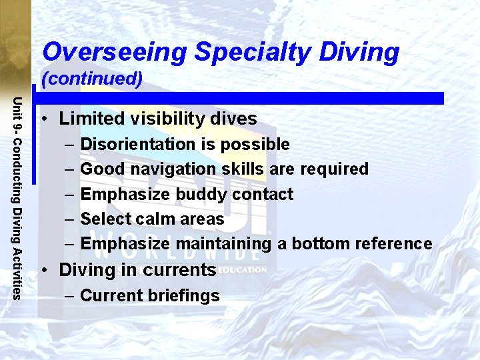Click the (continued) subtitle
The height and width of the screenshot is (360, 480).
click(92, 79)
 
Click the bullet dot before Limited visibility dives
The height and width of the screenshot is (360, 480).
click(43, 119)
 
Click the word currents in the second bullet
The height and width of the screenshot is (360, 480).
click(183, 270)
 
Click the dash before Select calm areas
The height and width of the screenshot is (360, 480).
click(69, 219)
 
